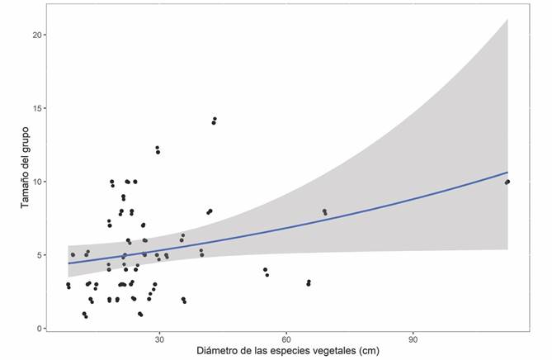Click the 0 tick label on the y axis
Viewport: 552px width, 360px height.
point(49,329)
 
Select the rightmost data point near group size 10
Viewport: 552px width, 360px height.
point(507,182)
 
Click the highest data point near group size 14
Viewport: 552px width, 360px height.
point(215,119)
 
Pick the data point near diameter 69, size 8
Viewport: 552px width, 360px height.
point(324,211)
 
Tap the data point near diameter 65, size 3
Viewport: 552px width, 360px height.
point(309,282)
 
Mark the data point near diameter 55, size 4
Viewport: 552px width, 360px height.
point(265,269)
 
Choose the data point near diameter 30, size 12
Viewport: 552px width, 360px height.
point(157,148)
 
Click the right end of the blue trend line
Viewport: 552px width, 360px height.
point(507,173)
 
